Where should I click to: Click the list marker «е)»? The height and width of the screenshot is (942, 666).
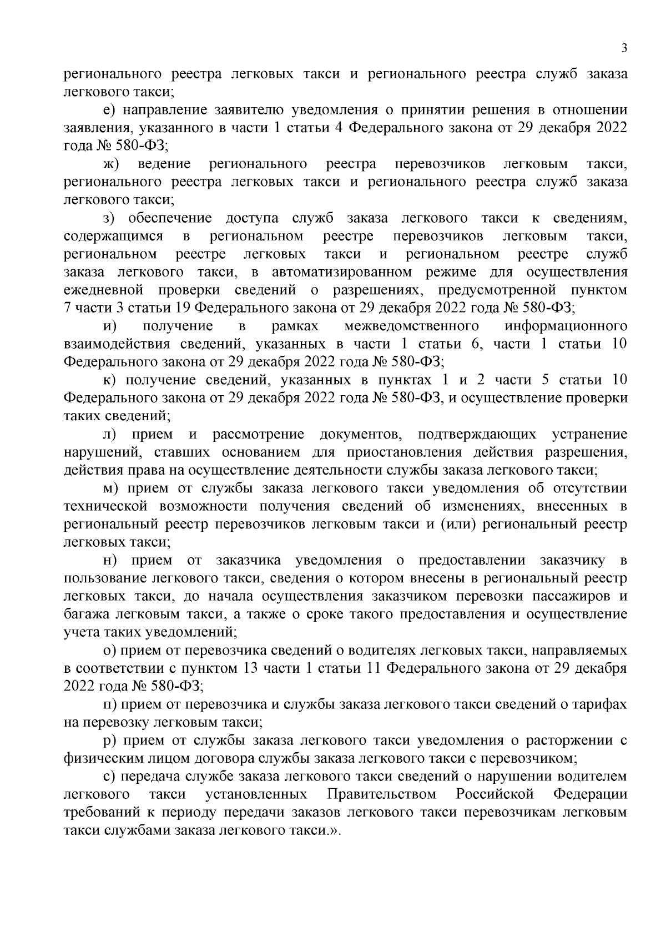click(x=109, y=110)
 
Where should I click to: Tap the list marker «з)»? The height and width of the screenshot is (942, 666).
click(x=109, y=219)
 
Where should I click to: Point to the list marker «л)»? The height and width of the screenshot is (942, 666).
click(x=109, y=434)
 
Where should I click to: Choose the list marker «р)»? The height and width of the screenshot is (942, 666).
click(x=109, y=740)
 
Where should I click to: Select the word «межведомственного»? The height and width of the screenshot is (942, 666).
click(x=411, y=326)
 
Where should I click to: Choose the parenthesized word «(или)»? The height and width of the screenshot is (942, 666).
click(x=458, y=525)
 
